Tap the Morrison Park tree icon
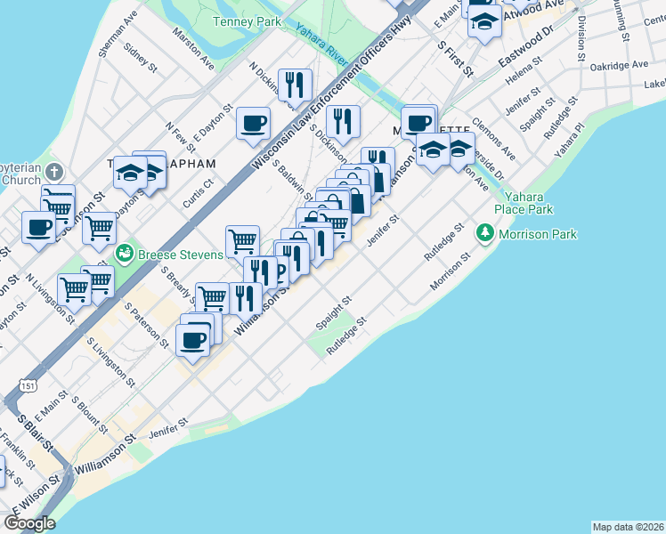click(x=484, y=234)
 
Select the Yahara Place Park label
click(x=529, y=203)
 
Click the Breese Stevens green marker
click(x=124, y=255)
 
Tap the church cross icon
click(x=53, y=171)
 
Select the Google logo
click(x=29, y=523)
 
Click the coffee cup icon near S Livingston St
click(x=193, y=338)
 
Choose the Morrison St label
click(x=449, y=271)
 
